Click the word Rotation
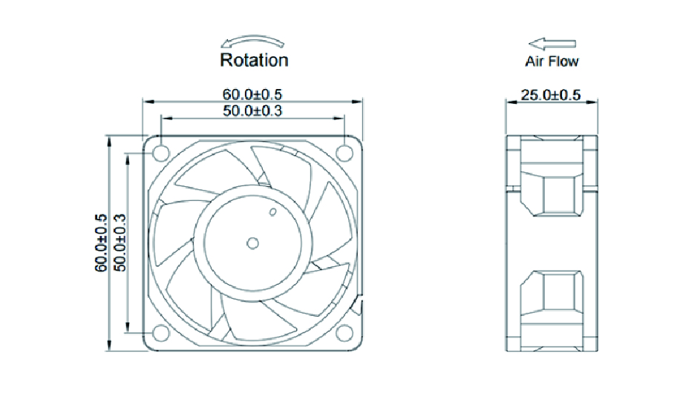[x=254, y=59]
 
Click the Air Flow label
[x=552, y=62]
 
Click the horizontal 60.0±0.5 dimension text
[x=252, y=94]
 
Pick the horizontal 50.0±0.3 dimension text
[x=252, y=111]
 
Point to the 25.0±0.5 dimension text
[x=552, y=95]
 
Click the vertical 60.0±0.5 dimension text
[x=102, y=243]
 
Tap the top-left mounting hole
[x=160, y=152]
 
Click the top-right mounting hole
[x=344, y=152]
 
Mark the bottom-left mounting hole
[x=160, y=335]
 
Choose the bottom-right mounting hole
[x=344, y=335]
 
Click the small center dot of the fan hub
[x=252, y=242]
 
